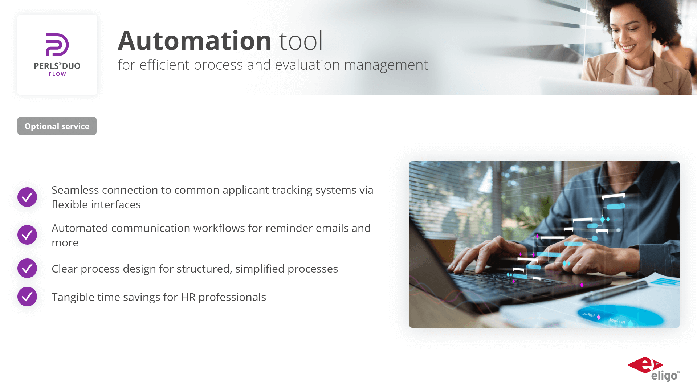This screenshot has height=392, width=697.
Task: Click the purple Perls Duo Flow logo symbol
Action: [57, 45]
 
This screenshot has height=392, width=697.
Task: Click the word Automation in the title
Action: [195, 41]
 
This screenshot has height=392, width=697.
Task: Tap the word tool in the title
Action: [301, 41]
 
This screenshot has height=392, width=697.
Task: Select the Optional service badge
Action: [57, 126]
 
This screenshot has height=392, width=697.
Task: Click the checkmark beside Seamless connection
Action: [27, 197]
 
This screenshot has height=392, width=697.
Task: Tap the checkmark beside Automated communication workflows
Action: [27, 235]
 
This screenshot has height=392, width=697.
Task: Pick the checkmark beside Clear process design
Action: [27, 268]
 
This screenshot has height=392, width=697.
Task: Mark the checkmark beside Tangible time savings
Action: [27, 297]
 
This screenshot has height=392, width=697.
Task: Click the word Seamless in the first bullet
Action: [75, 190]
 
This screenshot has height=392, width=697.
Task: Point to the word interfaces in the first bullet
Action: [116, 204]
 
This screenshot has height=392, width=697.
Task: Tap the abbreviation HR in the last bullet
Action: [188, 297]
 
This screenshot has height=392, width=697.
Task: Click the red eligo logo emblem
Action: [645, 365]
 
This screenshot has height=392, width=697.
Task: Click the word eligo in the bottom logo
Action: [664, 376]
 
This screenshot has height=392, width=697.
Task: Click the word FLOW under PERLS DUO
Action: [57, 74]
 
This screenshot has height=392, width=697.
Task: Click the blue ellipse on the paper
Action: [620, 315]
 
